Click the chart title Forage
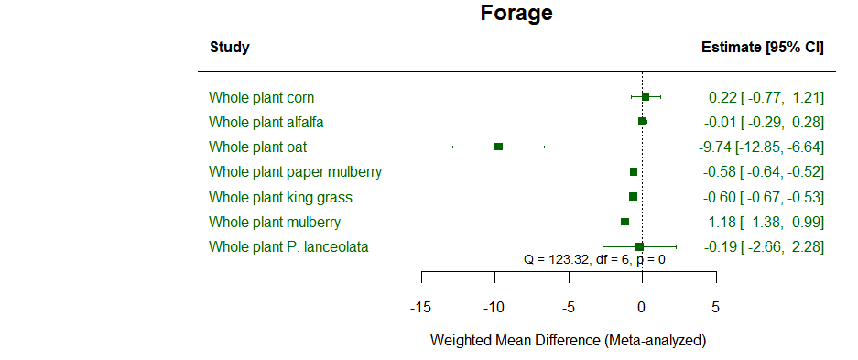pyautogui.click(x=516, y=14)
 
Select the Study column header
pyautogui.click(x=229, y=48)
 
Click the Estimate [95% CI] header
pyautogui.click(x=762, y=48)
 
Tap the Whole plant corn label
pyautogui.click(x=262, y=97)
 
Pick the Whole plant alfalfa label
pyautogui.click(x=266, y=122)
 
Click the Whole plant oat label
pyautogui.click(x=257, y=147)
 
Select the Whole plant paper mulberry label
pyautogui.click(x=295, y=171)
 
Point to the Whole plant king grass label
pyautogui.click(x=280, y=197)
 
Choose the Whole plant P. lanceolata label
pyautogui.click(x=288, y=246)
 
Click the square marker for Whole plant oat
pyautogui.click(x=498, y=147)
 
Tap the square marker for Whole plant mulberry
pyautogui.click(x=624, y=222)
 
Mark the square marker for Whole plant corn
pyautogui.click(x=646, y=97)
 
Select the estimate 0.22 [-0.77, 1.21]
pyautogui.click(x=766, y=97)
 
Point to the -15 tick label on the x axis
pyautogui.click(x=420, y=305)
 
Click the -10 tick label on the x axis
pyautogui.click(x=494, y=305)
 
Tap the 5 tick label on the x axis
pyautogui.click(x=715, y=305)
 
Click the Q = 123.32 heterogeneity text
pyautogui.click(x=594, y=260)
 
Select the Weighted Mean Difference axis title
pyautogui.click(x=568, y=340)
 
